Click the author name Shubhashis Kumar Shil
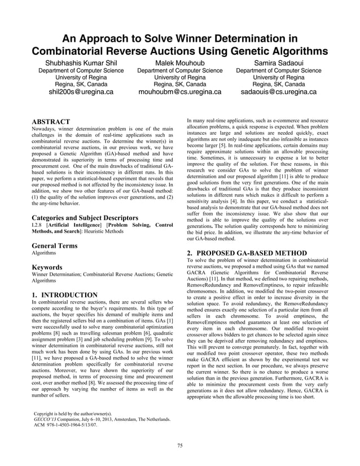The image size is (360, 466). (x=81, y=61)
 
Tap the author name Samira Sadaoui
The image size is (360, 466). (x=278, y=61)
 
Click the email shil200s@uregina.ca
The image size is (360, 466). (x=81, y=92)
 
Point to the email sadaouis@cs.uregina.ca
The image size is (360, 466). (x=278, y=92)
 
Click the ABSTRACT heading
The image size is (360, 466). (x=51, y=122)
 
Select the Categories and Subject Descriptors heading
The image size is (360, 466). (x=85, y=217)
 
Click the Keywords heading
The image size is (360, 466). (x=47, y=267)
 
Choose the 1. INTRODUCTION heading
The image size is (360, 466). (x=65, y=294)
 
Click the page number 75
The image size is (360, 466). (x=179, y=446)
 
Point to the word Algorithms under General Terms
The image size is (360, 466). (x=44, y=254)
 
